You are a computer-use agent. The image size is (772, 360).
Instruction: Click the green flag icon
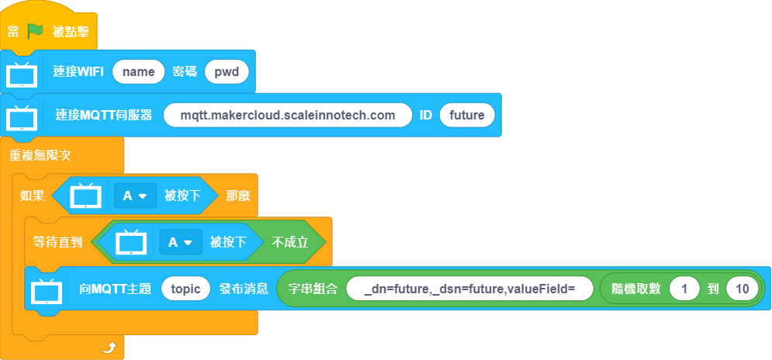click(x=36, y=32)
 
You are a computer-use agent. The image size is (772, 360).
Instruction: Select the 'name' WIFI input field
click(x=138, y=72)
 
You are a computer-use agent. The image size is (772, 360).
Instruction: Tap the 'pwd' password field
click(x=227, y=72)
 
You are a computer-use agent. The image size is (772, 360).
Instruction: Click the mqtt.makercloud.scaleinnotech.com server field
click(x=288, y=116)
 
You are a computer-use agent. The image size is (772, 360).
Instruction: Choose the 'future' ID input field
click(x=467, y=116)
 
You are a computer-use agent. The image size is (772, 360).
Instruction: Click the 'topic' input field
click(x=185, y=289)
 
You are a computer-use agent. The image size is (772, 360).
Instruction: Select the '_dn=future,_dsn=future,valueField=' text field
click(x=469, y=289)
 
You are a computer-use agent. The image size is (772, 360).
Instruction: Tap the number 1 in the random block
click(x=684, y=289)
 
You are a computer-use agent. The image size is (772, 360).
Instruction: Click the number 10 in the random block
click(x=743, y=289)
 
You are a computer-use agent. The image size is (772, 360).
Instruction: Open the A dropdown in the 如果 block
click(x=136, y=196)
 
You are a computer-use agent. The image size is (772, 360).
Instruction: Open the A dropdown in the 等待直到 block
click(x=181, y=242)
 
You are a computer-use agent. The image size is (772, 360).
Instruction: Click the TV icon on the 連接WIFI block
click(x=22, y=74)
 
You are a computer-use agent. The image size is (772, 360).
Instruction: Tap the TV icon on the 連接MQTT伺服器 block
click(x=22, y=118)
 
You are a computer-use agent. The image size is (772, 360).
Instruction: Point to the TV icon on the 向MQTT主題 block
click(x=47, y=291)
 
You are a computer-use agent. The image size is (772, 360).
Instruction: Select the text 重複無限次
click(x=40, y=156)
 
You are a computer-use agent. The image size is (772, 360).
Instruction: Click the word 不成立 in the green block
click(x=290, y=242)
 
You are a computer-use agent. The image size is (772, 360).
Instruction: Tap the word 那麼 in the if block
click(x=237, y=196)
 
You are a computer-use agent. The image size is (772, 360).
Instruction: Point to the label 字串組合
click(x=313, y=289)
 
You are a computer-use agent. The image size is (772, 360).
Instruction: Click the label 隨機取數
click(x=635, y=289)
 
